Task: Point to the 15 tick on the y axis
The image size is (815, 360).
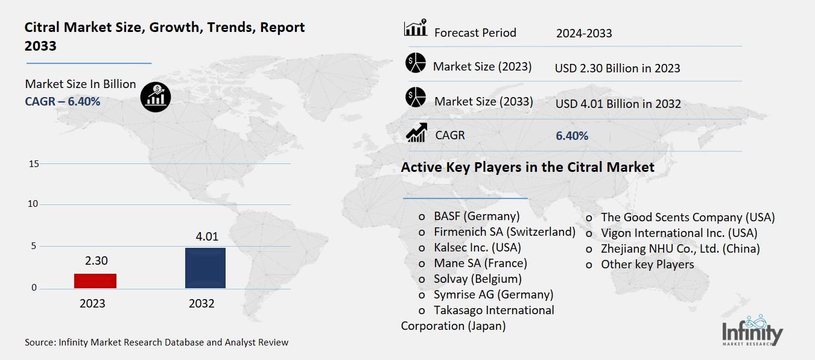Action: click(x=33, y=164)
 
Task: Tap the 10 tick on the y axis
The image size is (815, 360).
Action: click(x=33, y=204)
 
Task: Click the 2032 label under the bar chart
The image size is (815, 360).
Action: click(x=201, y=303)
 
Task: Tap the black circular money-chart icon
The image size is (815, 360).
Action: click(x=156, y=96)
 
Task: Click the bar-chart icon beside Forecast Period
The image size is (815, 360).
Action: click(x=416, y=28)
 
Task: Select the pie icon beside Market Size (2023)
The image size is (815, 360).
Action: click(x=416, y=63)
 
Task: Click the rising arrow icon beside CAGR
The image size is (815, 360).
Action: click(x=416, y=132)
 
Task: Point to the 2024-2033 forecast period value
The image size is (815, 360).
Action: click(x=583, y=33)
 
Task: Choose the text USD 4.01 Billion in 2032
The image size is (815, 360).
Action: click(x=618, y=104)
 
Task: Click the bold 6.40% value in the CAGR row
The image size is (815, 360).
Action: click(x=571, y=136)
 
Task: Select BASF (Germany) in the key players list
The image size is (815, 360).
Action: click(x=476, y=216)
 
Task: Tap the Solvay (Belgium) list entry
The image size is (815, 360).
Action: click(x=477, y=279)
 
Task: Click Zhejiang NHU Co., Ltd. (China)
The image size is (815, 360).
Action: click(x=680, y=248)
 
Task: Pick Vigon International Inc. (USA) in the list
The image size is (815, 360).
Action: click(x=679, y=233)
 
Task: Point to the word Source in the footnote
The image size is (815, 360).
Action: click(x=39, y=343)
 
